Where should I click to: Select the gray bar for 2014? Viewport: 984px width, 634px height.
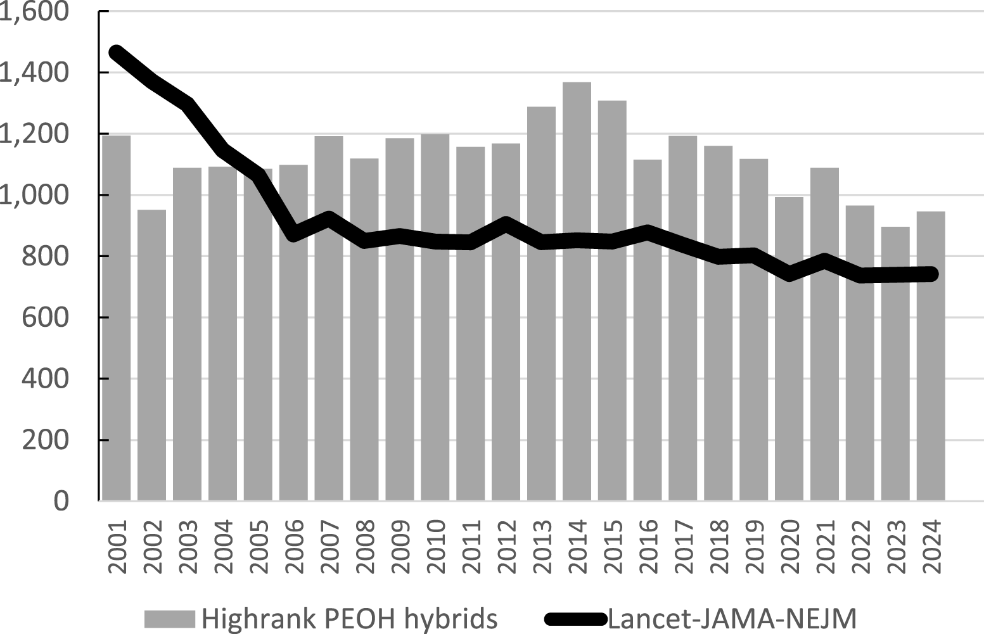pos(577,291)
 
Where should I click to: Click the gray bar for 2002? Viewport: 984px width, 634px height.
pos(151,355)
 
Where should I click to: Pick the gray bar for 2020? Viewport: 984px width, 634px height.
pos(789,348)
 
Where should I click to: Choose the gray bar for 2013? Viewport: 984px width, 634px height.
pos(541,304)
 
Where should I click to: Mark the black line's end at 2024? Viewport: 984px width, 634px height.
pos(931,274)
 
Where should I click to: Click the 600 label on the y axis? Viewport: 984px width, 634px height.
pos(45,317)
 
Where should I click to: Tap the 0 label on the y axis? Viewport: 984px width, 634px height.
pos(61,501)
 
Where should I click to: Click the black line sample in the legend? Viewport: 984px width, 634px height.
pos(575,618)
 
